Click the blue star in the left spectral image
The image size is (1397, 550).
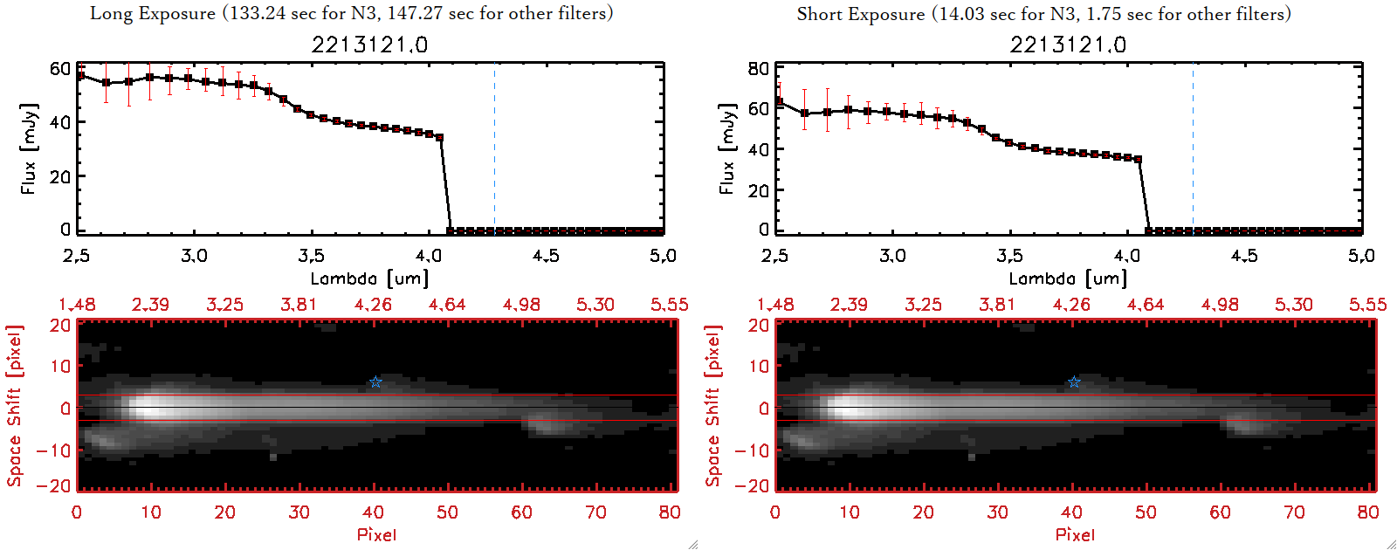(375, 382)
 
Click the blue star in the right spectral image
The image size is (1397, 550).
(1074, 382)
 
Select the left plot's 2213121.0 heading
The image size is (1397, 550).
(369, 45)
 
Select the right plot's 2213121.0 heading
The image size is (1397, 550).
(1068, 45)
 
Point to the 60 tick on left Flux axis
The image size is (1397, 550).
(60, 69)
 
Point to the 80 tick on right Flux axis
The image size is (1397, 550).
(759, 69)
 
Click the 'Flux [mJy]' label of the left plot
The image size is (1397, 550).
(29, 148)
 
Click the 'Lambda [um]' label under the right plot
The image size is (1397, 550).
(1068, 278)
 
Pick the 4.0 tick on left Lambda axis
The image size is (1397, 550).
(428, 256)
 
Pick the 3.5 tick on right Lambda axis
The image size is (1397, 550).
(1009, 256)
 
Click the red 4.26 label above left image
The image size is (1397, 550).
(373, 305)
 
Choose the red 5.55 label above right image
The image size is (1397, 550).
(1367, 305)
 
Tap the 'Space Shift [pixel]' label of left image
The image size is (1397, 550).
(14, 406)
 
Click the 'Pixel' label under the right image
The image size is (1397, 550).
(1075, 534)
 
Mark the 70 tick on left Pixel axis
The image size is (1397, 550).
(595, 512)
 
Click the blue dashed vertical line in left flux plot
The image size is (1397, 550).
(494, 148)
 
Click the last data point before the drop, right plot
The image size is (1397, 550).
(1138, 159)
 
